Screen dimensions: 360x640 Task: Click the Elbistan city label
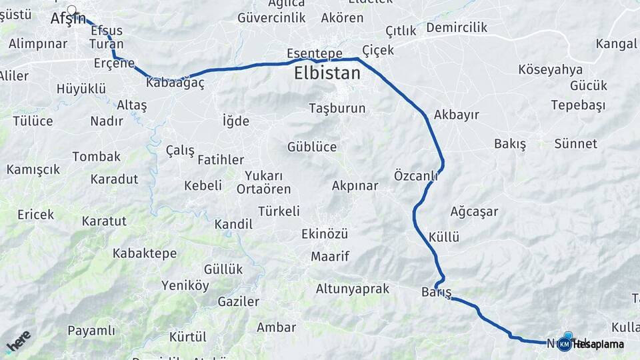tap(327, 73)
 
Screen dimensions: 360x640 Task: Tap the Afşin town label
tap(67, 19)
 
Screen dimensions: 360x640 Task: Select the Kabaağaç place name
tap(174, 83)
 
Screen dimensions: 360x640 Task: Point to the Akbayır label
tap(456, 115)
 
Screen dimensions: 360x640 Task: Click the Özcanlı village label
tap(415, 176)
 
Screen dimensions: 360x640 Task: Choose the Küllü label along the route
tap(444, 237)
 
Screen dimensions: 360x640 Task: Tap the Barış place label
tap(436, 293)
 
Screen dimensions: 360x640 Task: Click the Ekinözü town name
tap(325, 234)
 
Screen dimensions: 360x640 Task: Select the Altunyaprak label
tap(352, 289)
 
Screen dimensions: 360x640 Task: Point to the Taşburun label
tap(337, 108)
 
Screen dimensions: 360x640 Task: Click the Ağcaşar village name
tap(474, 212)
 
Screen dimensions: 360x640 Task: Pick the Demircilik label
tap(457, 28)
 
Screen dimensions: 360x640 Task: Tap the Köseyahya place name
tap(550, 70)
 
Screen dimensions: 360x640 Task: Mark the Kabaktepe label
tap(145, 253)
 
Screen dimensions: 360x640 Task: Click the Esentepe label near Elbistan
tap(314, 53)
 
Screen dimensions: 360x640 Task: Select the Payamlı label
tap(91, 331)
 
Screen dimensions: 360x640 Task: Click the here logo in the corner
tap(18, 341)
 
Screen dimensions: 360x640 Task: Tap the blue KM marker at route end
tap(565, 344)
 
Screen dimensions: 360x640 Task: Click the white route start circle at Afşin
tap(72, 10)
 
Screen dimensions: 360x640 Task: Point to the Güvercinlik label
tap(271, 18)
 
